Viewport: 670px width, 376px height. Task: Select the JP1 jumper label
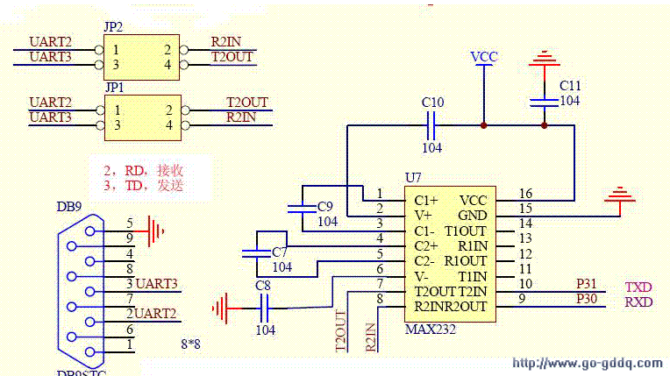114,88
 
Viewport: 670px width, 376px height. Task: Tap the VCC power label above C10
483,57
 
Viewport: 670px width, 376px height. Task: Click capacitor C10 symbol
432,126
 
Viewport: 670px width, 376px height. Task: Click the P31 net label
585,285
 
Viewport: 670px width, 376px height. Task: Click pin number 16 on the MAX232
525,194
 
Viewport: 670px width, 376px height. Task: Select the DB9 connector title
69,208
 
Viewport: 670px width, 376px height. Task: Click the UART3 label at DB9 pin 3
157,284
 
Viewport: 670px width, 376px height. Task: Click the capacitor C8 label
262,285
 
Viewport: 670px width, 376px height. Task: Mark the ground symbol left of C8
221,308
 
